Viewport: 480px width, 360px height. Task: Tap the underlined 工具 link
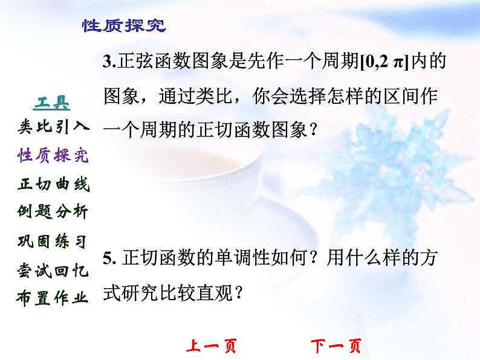pos(54,103)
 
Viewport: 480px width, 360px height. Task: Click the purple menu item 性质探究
pos(54,156)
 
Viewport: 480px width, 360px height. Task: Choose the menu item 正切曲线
pos(54,184)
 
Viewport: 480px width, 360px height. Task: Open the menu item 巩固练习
pos(54,242)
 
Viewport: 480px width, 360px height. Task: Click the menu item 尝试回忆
pos(54,270)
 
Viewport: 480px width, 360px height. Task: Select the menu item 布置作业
pos(54,298)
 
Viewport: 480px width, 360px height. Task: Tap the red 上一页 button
pos(210,347)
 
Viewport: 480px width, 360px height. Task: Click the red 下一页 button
pos(336,347)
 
